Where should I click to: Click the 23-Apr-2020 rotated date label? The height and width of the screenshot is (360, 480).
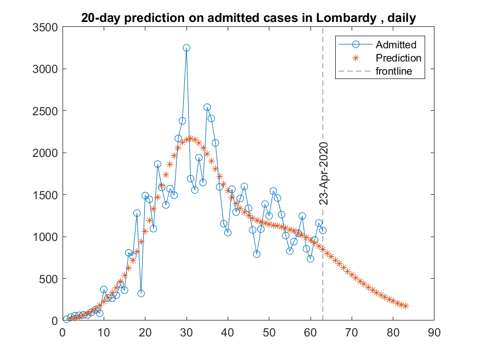click(x=324, y=173)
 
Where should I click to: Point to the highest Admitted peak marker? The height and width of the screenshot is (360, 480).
click(x=187, y=48)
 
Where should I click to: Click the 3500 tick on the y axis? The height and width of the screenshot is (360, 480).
click(x=44, y=27)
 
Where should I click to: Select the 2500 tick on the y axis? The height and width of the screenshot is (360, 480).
click(x=44, y=111)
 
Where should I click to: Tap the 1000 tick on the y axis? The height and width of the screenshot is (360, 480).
click(x=44, y=237)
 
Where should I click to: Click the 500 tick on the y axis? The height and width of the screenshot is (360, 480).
click(x=47, y=279)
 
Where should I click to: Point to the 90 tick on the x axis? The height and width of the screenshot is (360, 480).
click(x=434, y=331)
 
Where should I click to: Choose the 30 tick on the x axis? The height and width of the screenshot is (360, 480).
click(x=187, y=331)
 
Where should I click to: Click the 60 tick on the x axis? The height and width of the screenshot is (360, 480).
click(x=310, y=331)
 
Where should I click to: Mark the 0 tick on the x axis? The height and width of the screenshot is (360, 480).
click(x=63, y=331)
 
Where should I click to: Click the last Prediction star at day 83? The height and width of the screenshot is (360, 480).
click(x=405, y=306)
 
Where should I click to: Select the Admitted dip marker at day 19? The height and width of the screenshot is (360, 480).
click(x=141, y=293)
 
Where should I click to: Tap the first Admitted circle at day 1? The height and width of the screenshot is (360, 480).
click(x=66, y=319)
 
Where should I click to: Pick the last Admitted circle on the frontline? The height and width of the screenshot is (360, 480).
click(x=323, y=230)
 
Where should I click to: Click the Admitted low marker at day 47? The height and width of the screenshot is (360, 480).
click(x=257, y=254)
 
